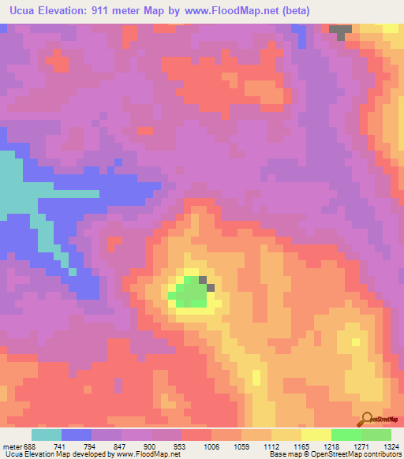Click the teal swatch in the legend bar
pyautogui.click(x=47, y=435)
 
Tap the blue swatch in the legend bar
pyautogui.click(x=77, y=435)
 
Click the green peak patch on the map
pyautogui.click(x=189, y=293)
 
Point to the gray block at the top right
pyautogui.click(x=341, y=32)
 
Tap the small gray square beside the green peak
pyautogui.click(x=203, y=279)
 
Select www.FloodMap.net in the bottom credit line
pyautogui.click(x=158, y=454)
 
